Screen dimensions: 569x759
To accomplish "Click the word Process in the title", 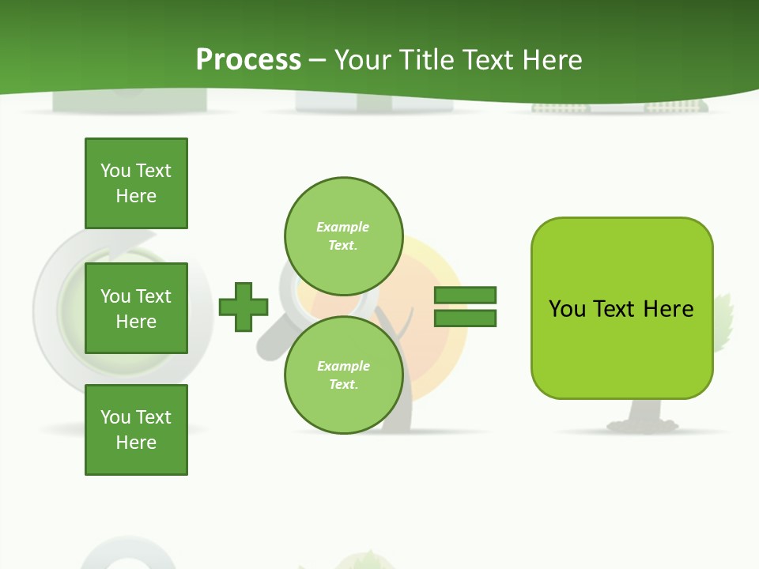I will coord(248,59).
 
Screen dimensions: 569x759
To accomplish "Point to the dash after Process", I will coord(317,60).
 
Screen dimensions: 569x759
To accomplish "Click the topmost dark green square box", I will coord(136,183).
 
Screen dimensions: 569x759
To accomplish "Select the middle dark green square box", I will coord(136,308).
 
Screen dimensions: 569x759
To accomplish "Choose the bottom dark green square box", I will coord(136,429).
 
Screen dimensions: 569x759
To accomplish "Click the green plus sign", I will coord(244,307).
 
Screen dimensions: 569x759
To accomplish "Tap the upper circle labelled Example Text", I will coord(343,236).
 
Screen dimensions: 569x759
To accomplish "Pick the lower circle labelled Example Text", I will coord(343,375).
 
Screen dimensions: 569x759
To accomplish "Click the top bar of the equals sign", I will coord(465,296).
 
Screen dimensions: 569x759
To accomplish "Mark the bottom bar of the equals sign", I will coord(465,318).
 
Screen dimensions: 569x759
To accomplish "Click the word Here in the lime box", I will coord(668,308).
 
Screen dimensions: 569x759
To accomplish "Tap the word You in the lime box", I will coord(567,308).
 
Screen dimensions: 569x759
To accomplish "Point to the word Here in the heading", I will coord(553,59).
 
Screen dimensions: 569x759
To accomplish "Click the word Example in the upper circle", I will coord(343,227).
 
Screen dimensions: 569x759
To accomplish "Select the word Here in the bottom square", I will coord(136,443).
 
